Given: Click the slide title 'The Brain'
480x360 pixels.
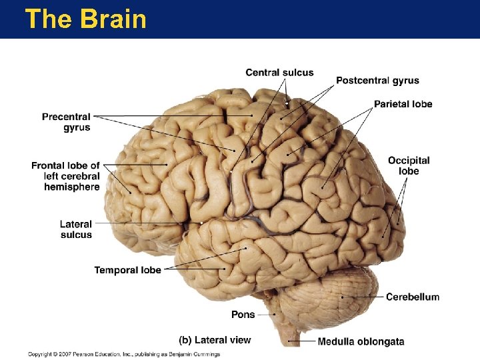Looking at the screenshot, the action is (x=85, y=19).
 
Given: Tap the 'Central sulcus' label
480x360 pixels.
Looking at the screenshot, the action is (x=279, y=72).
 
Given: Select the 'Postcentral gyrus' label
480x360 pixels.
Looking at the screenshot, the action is (x=377, y=81).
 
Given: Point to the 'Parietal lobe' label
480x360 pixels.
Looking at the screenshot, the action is (x=403, y=104).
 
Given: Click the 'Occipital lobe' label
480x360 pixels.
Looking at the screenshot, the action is (x=409, y=165).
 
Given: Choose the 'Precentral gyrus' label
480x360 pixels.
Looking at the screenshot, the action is (x=66, y=122).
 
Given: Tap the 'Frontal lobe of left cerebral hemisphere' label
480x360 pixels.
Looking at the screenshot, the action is (x=65, y=176).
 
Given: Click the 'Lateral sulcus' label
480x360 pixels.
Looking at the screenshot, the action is (x=76, y=229).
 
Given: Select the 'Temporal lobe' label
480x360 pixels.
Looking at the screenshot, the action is (x=127, y=270).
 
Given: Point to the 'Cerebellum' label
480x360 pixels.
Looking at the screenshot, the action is (x=413, y=297).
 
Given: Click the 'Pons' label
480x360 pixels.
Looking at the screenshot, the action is (x=243, y=314).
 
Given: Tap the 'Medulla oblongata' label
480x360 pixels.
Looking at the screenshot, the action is (x=361, y=342).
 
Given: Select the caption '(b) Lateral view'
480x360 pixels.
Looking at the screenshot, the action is (x=215, y=340).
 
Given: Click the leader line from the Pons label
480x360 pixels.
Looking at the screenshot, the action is (x=265, y=314).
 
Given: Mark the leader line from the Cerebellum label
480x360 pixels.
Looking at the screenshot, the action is (x=363, y=296).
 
